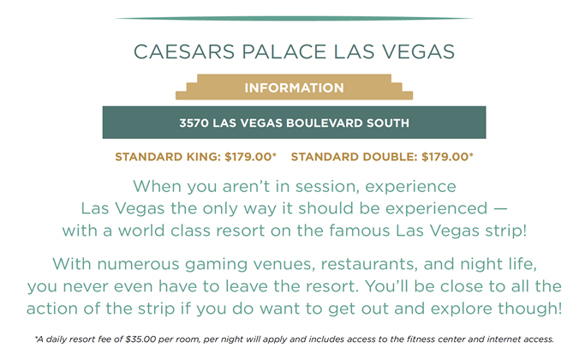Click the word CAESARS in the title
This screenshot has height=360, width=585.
pyautogui.click(x=184, y=51)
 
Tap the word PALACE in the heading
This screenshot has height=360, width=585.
pyautogui.click(x=284, y=51)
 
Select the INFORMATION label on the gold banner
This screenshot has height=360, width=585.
pyautogui.click(x=294, y=87)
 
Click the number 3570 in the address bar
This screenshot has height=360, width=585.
pyautogui.click(x=194, y=123)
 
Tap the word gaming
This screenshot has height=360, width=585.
pyautogui.click(x=217, y=264)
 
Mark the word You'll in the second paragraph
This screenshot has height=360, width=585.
pyautogui.click(x=386, y=286)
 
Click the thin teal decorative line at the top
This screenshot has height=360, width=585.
pyautogui.click(x=294, y=18)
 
